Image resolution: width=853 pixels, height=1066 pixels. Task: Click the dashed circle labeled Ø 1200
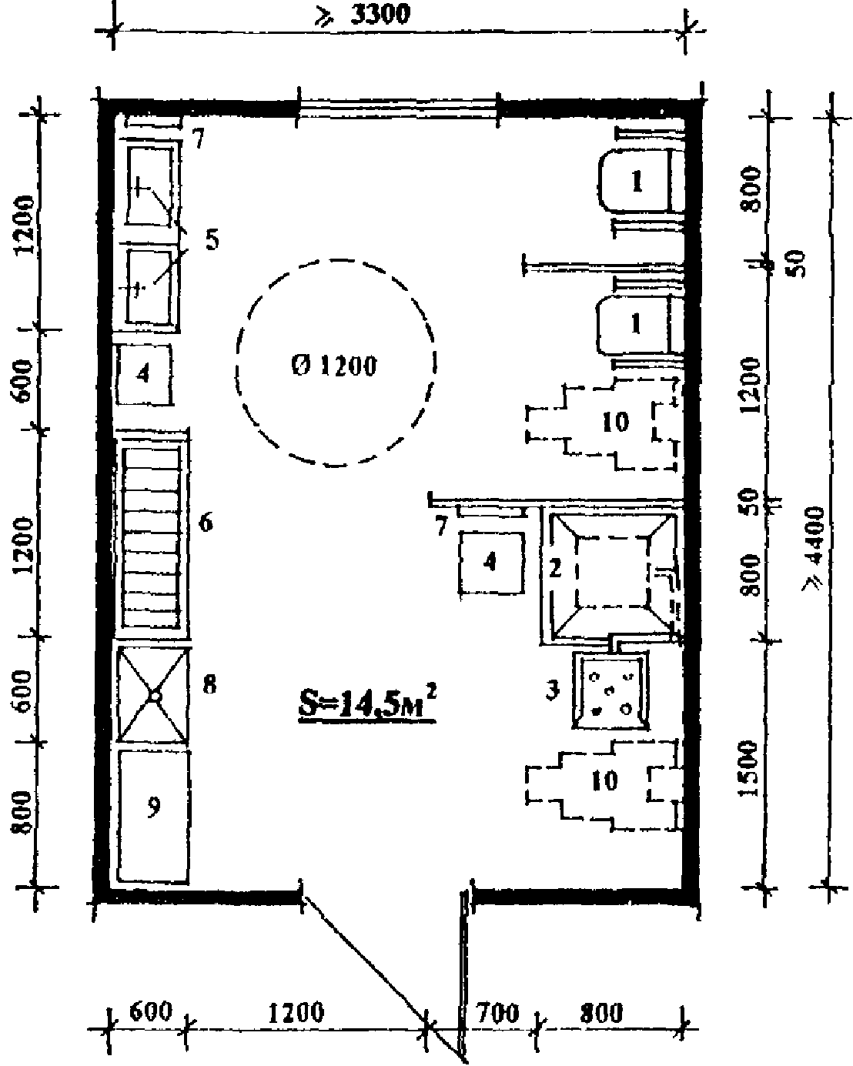coord(336,362)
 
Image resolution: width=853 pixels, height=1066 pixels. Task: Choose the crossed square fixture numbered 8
coord(153,695)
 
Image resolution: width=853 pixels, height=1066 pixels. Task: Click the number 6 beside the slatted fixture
coord(206,523)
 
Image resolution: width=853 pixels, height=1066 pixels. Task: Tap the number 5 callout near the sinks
coord(212,239)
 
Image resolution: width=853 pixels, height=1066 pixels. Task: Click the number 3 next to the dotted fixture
coord(552,690)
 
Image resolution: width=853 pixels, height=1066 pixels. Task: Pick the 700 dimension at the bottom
coord(498,1013)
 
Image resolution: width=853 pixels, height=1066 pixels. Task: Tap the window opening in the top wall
coord(399,108)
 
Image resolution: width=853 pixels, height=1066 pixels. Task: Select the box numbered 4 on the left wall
coord(143,374)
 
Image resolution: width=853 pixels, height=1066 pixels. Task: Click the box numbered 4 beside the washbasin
coord(491,562)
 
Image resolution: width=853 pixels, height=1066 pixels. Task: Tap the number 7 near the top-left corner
coord(199,140)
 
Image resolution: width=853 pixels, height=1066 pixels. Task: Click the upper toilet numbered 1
coord(637,182)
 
